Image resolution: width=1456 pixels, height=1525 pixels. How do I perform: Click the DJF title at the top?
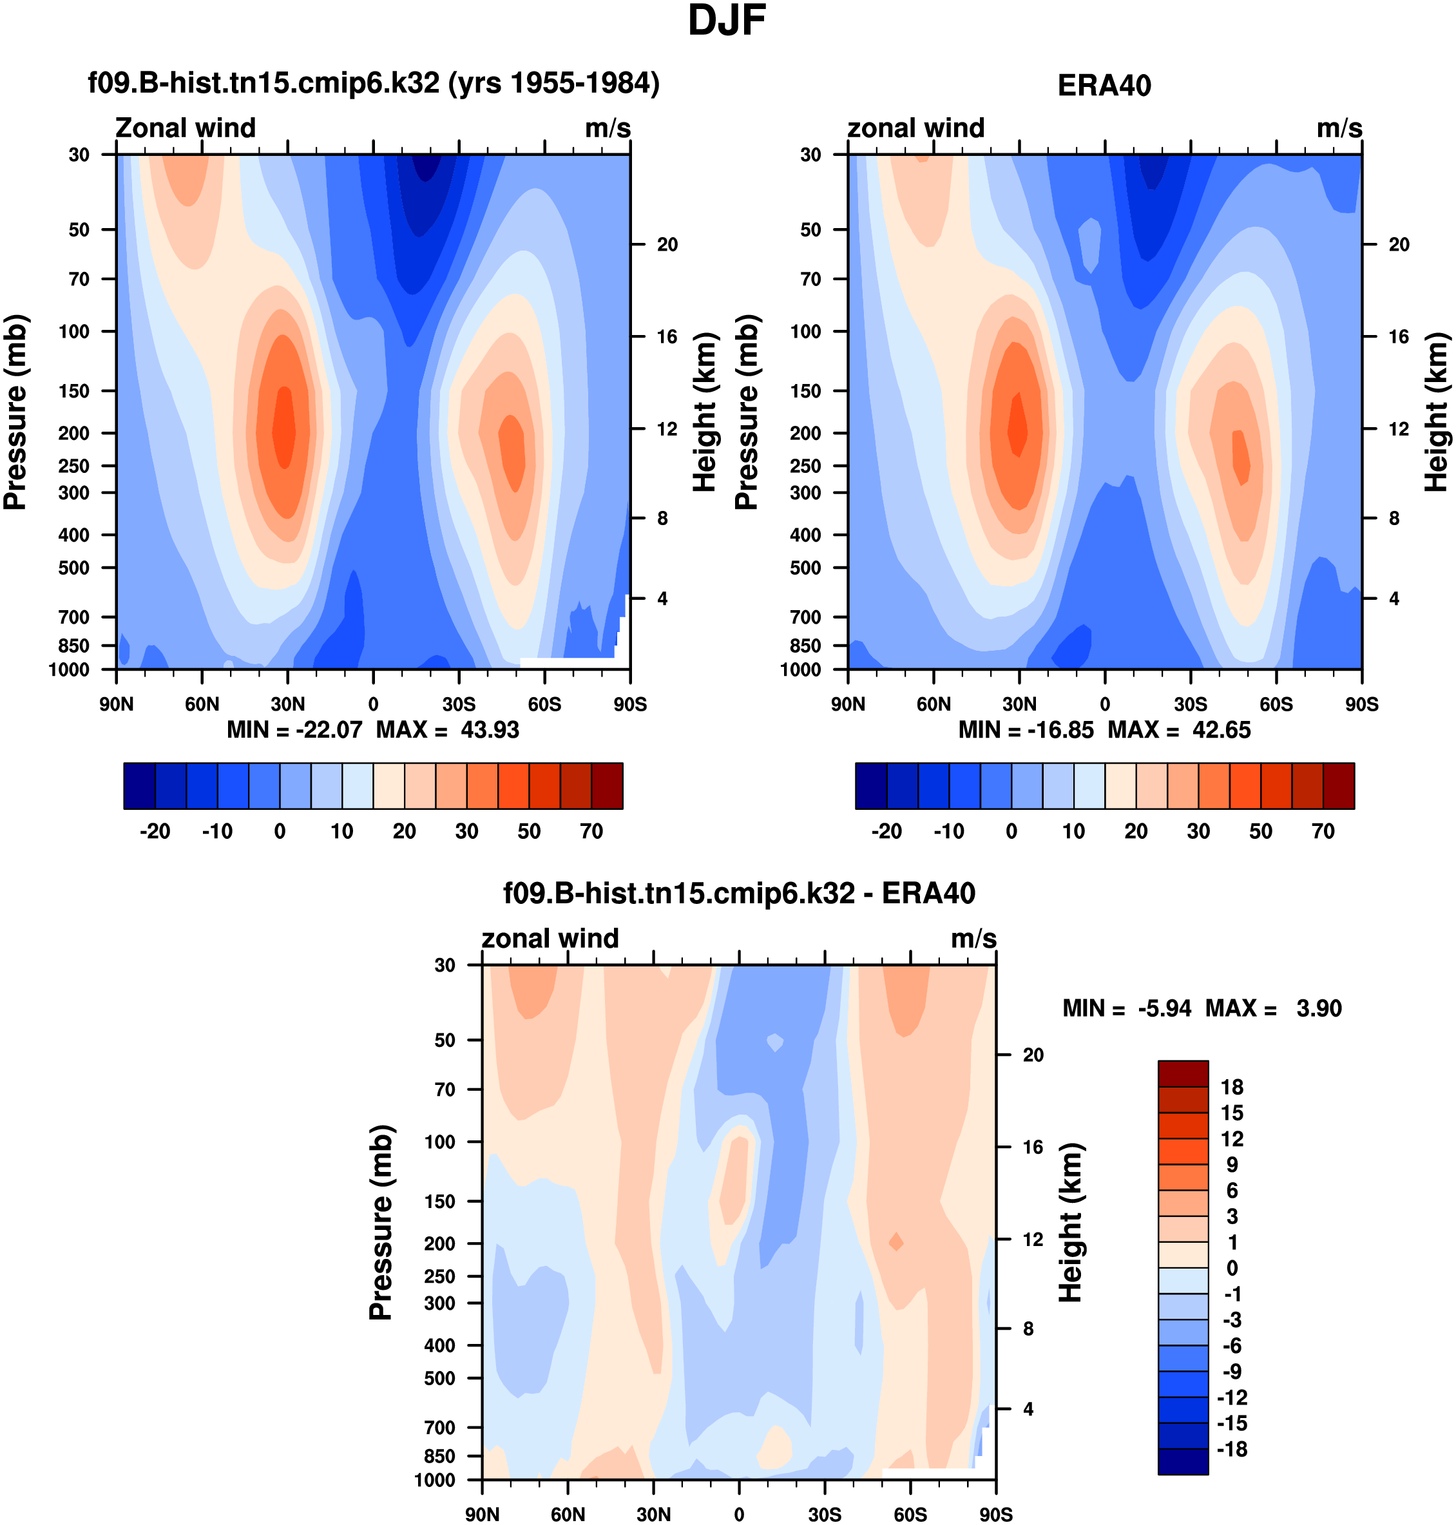727,21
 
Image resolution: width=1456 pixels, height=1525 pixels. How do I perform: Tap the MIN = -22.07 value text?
294,729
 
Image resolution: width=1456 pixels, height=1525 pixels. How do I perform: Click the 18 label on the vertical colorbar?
1232,1086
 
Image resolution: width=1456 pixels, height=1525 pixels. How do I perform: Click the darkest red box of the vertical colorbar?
1183,1073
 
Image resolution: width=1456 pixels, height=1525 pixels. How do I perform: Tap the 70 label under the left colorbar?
591,831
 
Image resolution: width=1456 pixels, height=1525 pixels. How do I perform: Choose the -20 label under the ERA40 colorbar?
886,831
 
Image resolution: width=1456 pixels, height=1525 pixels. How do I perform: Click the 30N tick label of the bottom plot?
653,1514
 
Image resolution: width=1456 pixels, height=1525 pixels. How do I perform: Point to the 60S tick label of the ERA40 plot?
1276,704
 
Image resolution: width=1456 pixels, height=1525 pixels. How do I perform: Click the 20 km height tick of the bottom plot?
1032,1055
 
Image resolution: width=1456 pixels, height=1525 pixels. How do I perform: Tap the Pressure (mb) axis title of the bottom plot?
380,1222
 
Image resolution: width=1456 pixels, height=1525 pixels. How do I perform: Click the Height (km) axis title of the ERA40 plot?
1436,412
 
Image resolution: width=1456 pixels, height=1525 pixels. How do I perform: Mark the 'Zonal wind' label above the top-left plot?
186,128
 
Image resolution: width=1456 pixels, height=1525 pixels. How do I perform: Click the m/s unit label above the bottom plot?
973,938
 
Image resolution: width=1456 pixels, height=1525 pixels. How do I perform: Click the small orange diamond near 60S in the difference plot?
896,1242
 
